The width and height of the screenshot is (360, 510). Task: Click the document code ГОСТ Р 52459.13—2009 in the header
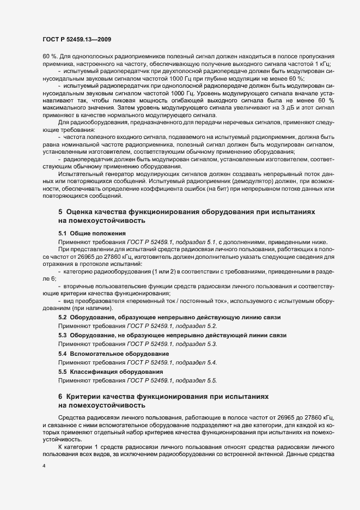[77, 39]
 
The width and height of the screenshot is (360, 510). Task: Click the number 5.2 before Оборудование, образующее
[63, 317]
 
